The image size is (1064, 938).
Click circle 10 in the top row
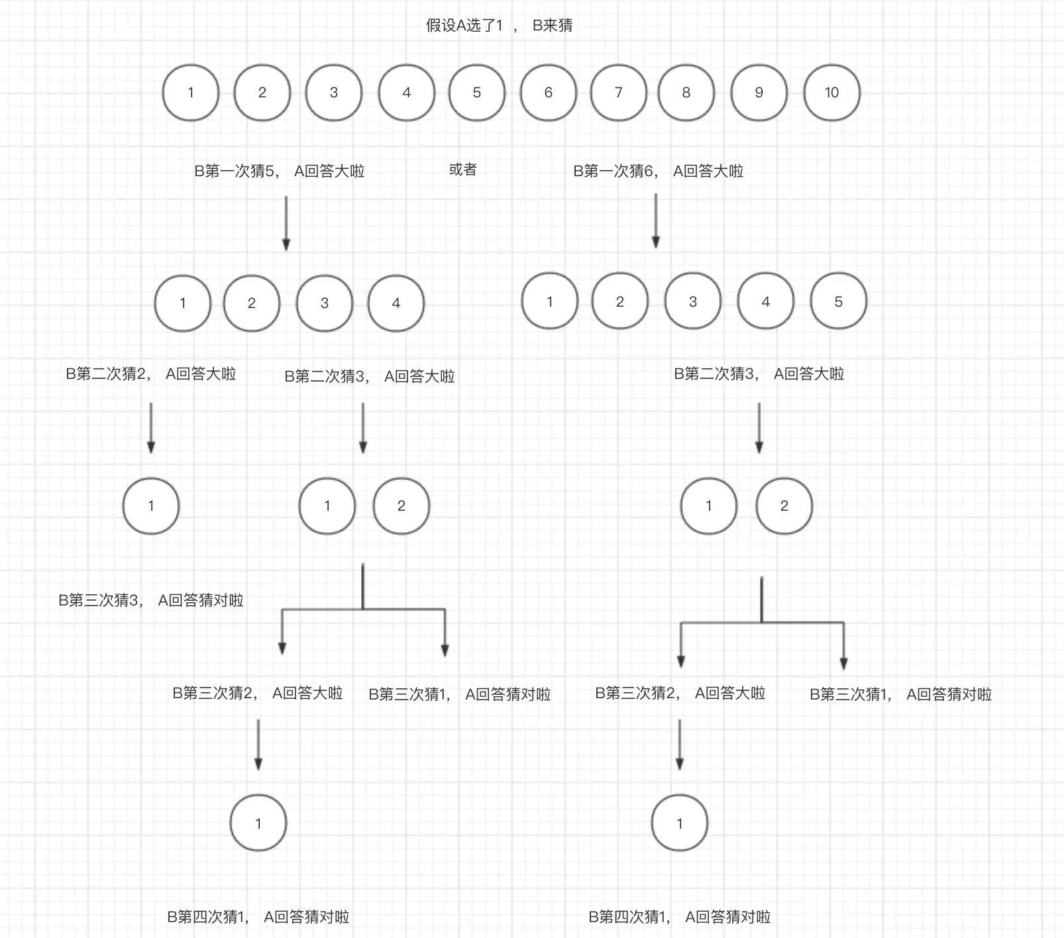pyautogui.click(x=831, y=93)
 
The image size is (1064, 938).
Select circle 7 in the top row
pyautogui.click(x=618, y=93)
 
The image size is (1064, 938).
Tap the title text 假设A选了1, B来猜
pyautogui.click(x=499, y=26)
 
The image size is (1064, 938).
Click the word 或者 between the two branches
pyautogui.click(x=462, y=170)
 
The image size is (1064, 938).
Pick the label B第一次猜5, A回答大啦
pyautogui.click(x=279, y=171)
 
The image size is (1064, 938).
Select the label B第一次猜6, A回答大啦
pyautogui.click(x=658, y=171)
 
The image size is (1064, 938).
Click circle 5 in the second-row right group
pyautogui.click(x=838, y=301)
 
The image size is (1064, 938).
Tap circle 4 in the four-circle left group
pyautogui.click(x=396, y=303)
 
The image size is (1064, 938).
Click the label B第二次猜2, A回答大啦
pyautogui.click(x=150, y=374)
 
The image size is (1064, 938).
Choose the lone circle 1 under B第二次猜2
pyautogui.click(x=151, y=506)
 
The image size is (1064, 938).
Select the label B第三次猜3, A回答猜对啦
pyautogui.click(x=150, y=600)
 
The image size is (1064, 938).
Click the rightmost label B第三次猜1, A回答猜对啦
pyautogui.click(x=900, y=694)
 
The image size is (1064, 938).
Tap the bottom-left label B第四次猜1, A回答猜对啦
pyautogui.click(x=258, y=917)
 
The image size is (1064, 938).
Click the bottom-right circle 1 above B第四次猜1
pyautogui.click(x=680, y=823)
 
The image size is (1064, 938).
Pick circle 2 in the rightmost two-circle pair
pyautogui.click(x=784, y=506)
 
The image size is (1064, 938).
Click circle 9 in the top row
pyautogui.click(x=759, y=93)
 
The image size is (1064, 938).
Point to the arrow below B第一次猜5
pyautogui.click(x=286, y=223)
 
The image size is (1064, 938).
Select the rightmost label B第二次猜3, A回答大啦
pyautogui.click(x=759, y=374)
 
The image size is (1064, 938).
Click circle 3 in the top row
pyautogui.click(x=333, y=93)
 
